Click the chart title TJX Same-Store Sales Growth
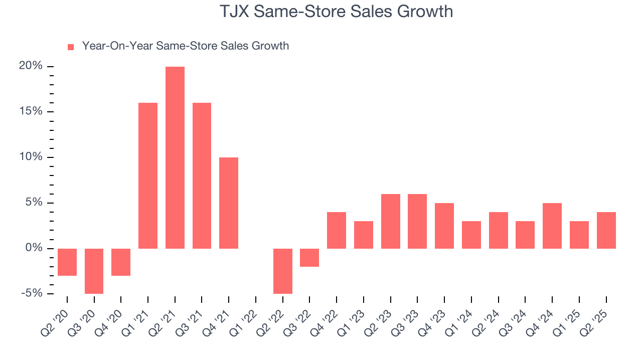[x=336, y=12]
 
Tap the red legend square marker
[x=71, y=47]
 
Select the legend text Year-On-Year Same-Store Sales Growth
[x=185, y=46]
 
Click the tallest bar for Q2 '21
[x=175, y=157]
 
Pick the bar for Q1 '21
[x=148, y=175]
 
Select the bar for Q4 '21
[x=229, y=203]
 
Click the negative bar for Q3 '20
[x=94, y=271]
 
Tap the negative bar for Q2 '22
[x=283, y=271]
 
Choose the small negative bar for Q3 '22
[x=309, y=257]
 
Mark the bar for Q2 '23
[x=391, y=221]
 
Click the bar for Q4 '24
[x=552, y=226]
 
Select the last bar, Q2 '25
[x=606, y=230]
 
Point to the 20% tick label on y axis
[x=31, y=66]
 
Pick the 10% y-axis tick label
[x=31, y=157]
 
